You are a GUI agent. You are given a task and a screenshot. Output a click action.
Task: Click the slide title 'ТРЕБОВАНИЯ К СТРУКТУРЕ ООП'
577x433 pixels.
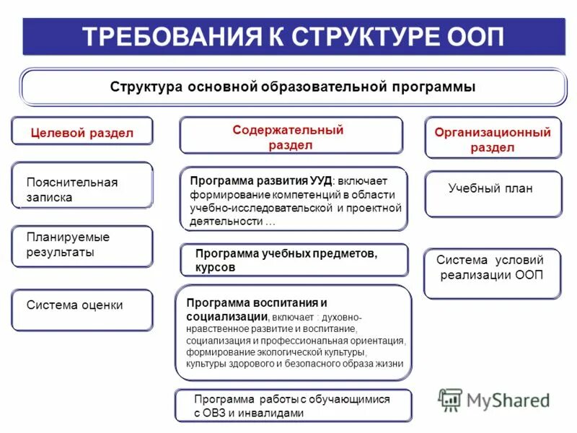click(x=293, y=37)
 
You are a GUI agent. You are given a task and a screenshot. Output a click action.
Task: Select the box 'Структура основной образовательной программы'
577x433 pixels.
click(x=293, y=87)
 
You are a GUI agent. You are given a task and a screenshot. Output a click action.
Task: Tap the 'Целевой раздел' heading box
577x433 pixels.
click(x=82, y=132)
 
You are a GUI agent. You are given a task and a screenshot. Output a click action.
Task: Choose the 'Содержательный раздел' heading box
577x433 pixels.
click(x=291, y=136)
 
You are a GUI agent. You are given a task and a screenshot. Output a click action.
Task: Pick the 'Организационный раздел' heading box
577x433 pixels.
click(x=493, y=139)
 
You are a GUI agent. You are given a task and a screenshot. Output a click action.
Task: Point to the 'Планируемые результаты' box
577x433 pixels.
click(x=82, y=245)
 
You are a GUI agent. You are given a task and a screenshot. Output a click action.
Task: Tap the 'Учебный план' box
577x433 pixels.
click(x=493, y=193)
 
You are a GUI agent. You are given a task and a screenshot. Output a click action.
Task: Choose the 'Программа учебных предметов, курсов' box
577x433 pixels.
click(x=293, y=260)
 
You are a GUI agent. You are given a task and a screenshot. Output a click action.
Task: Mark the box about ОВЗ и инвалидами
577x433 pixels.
click(x=293, y=406)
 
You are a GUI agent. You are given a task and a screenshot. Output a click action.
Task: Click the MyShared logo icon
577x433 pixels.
click(x=451, y=400)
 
